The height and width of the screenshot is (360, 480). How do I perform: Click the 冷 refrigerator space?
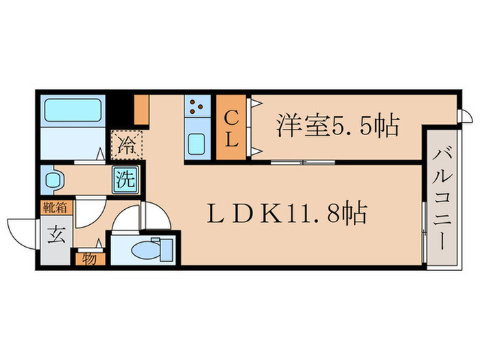[128, 145]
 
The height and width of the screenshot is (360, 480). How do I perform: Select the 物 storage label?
[89, 259]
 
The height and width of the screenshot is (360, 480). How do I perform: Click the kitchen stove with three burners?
[197, 107]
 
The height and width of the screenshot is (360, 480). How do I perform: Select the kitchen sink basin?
[197, 143]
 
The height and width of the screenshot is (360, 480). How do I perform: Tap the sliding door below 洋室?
[302, 162]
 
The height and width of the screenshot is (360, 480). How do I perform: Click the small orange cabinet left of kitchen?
[141, 108]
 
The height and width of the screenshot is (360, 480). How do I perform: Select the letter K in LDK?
[268, 214]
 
